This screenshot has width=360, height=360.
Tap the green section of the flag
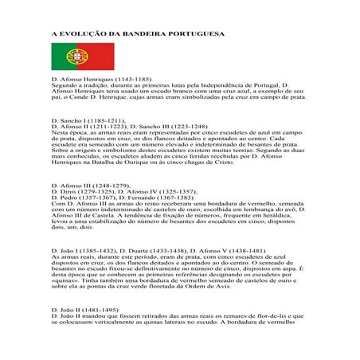pos(61,56)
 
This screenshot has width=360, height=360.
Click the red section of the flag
pos(96,56)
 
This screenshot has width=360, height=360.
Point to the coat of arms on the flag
pos(70,56)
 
